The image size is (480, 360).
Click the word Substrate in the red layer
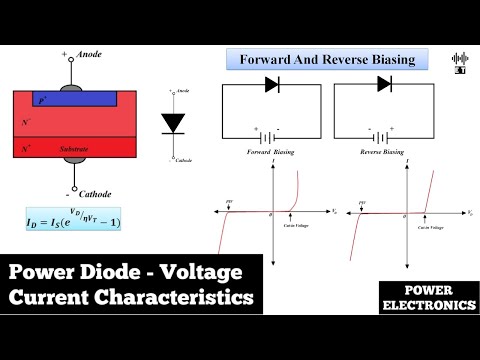(x=74, y=149)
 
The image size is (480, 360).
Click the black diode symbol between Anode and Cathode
(x=173, y=123)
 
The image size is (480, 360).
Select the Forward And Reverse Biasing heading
(x=327, y=59)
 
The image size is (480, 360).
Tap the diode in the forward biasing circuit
(x=272, y=85)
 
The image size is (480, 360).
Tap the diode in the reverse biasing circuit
(x=384, y=85)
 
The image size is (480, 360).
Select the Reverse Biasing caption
(x=384, y=152)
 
